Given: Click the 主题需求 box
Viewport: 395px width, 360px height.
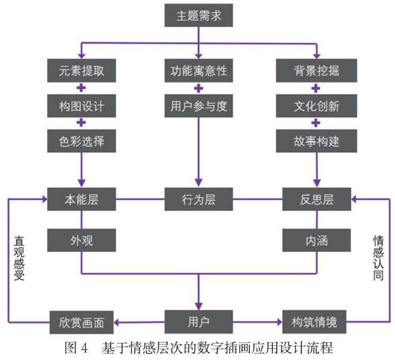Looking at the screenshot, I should pyautogui.click(x=199, y=16).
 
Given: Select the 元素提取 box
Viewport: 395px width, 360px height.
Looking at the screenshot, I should pyautogui.click(x=81, y=71).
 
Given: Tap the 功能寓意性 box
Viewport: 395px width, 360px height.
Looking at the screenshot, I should pyautogui.click(x=199, y=71).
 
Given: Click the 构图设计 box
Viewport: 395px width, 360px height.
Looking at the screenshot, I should pyautogui.click(x=81, y=106).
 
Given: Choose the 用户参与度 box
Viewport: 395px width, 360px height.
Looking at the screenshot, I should pyautogui.click(x=199, y=106).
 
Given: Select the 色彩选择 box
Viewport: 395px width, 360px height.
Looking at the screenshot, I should pyautogui.click(x=81, y=141).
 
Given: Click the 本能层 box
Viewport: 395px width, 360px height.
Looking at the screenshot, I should pyautogui.click(x=81, y=201).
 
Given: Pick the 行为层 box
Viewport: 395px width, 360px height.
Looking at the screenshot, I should pyautogui.click(x=199, y=201).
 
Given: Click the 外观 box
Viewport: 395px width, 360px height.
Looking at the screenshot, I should pyautogui.click(x=81, y=240).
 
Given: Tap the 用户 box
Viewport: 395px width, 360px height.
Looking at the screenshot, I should pyautogui.click(x=199, y=322).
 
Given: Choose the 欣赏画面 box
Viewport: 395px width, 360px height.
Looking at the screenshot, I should pyautogui.click(x=81, y=323).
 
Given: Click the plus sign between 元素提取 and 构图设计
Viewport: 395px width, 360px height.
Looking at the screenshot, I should pyautogui.click(x=81, y=88).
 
